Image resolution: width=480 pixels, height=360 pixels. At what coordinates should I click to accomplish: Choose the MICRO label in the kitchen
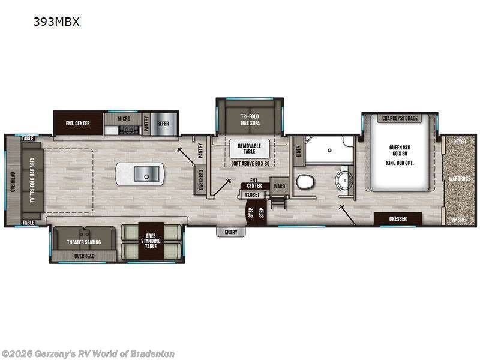[124, 119]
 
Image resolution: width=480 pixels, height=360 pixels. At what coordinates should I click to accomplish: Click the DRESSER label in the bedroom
[397, 219]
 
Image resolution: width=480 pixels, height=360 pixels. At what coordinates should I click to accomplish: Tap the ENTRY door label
[231, 232]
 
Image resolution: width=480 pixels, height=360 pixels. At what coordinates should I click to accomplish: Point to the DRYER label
[459, 142]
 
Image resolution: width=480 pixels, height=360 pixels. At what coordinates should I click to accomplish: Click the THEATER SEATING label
[84, 242]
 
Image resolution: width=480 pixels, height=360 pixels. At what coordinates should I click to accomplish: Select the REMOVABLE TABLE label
[250, 149]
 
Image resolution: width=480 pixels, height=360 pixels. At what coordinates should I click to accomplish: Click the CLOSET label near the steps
[253, 194]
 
